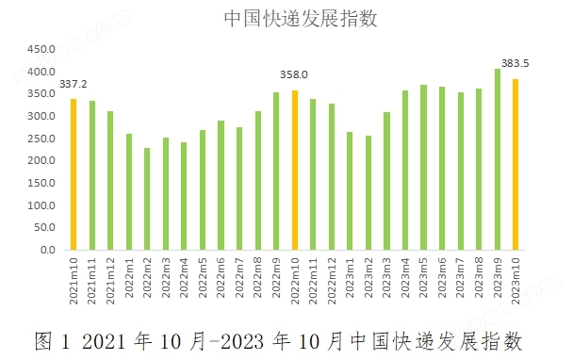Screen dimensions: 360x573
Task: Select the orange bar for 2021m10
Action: [74, 174]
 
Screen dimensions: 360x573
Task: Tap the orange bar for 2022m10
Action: [295, 171]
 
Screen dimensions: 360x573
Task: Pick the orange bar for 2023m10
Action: [516, 165]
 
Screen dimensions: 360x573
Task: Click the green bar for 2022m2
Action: [147, 199]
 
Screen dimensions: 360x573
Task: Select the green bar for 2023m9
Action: [498, 159]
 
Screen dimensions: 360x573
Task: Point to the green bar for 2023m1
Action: [350, 191]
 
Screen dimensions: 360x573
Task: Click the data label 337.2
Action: [74, 84]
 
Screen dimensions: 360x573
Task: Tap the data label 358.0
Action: [294, 74]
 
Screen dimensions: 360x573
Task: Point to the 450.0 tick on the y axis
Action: [40, 49]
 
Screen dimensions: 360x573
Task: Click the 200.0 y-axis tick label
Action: [40, 161]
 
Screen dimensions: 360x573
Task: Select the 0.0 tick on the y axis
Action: [45, 251]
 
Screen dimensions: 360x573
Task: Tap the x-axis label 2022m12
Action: [332, 280]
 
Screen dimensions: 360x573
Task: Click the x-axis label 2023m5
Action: [424, 280]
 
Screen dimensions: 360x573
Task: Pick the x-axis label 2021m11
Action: [92, 280]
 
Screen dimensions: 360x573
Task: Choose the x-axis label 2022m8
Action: [258, 280]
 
